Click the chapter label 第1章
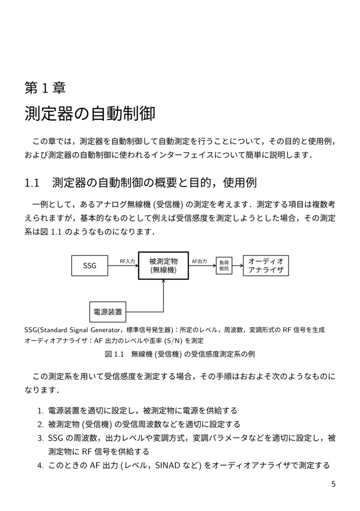[45, 88]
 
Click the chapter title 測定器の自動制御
[90, 114]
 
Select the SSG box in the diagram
[90, 265]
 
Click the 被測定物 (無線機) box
[163, 265]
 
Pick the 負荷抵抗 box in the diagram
[223, 265]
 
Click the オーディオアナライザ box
[266, 265]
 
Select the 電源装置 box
[108, 312]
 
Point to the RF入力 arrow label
[127, 261]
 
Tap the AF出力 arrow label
[199, 261]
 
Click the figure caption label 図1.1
[114, 354]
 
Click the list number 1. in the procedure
[40, 411]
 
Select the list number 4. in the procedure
[40, 466]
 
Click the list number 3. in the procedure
[40, 438]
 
